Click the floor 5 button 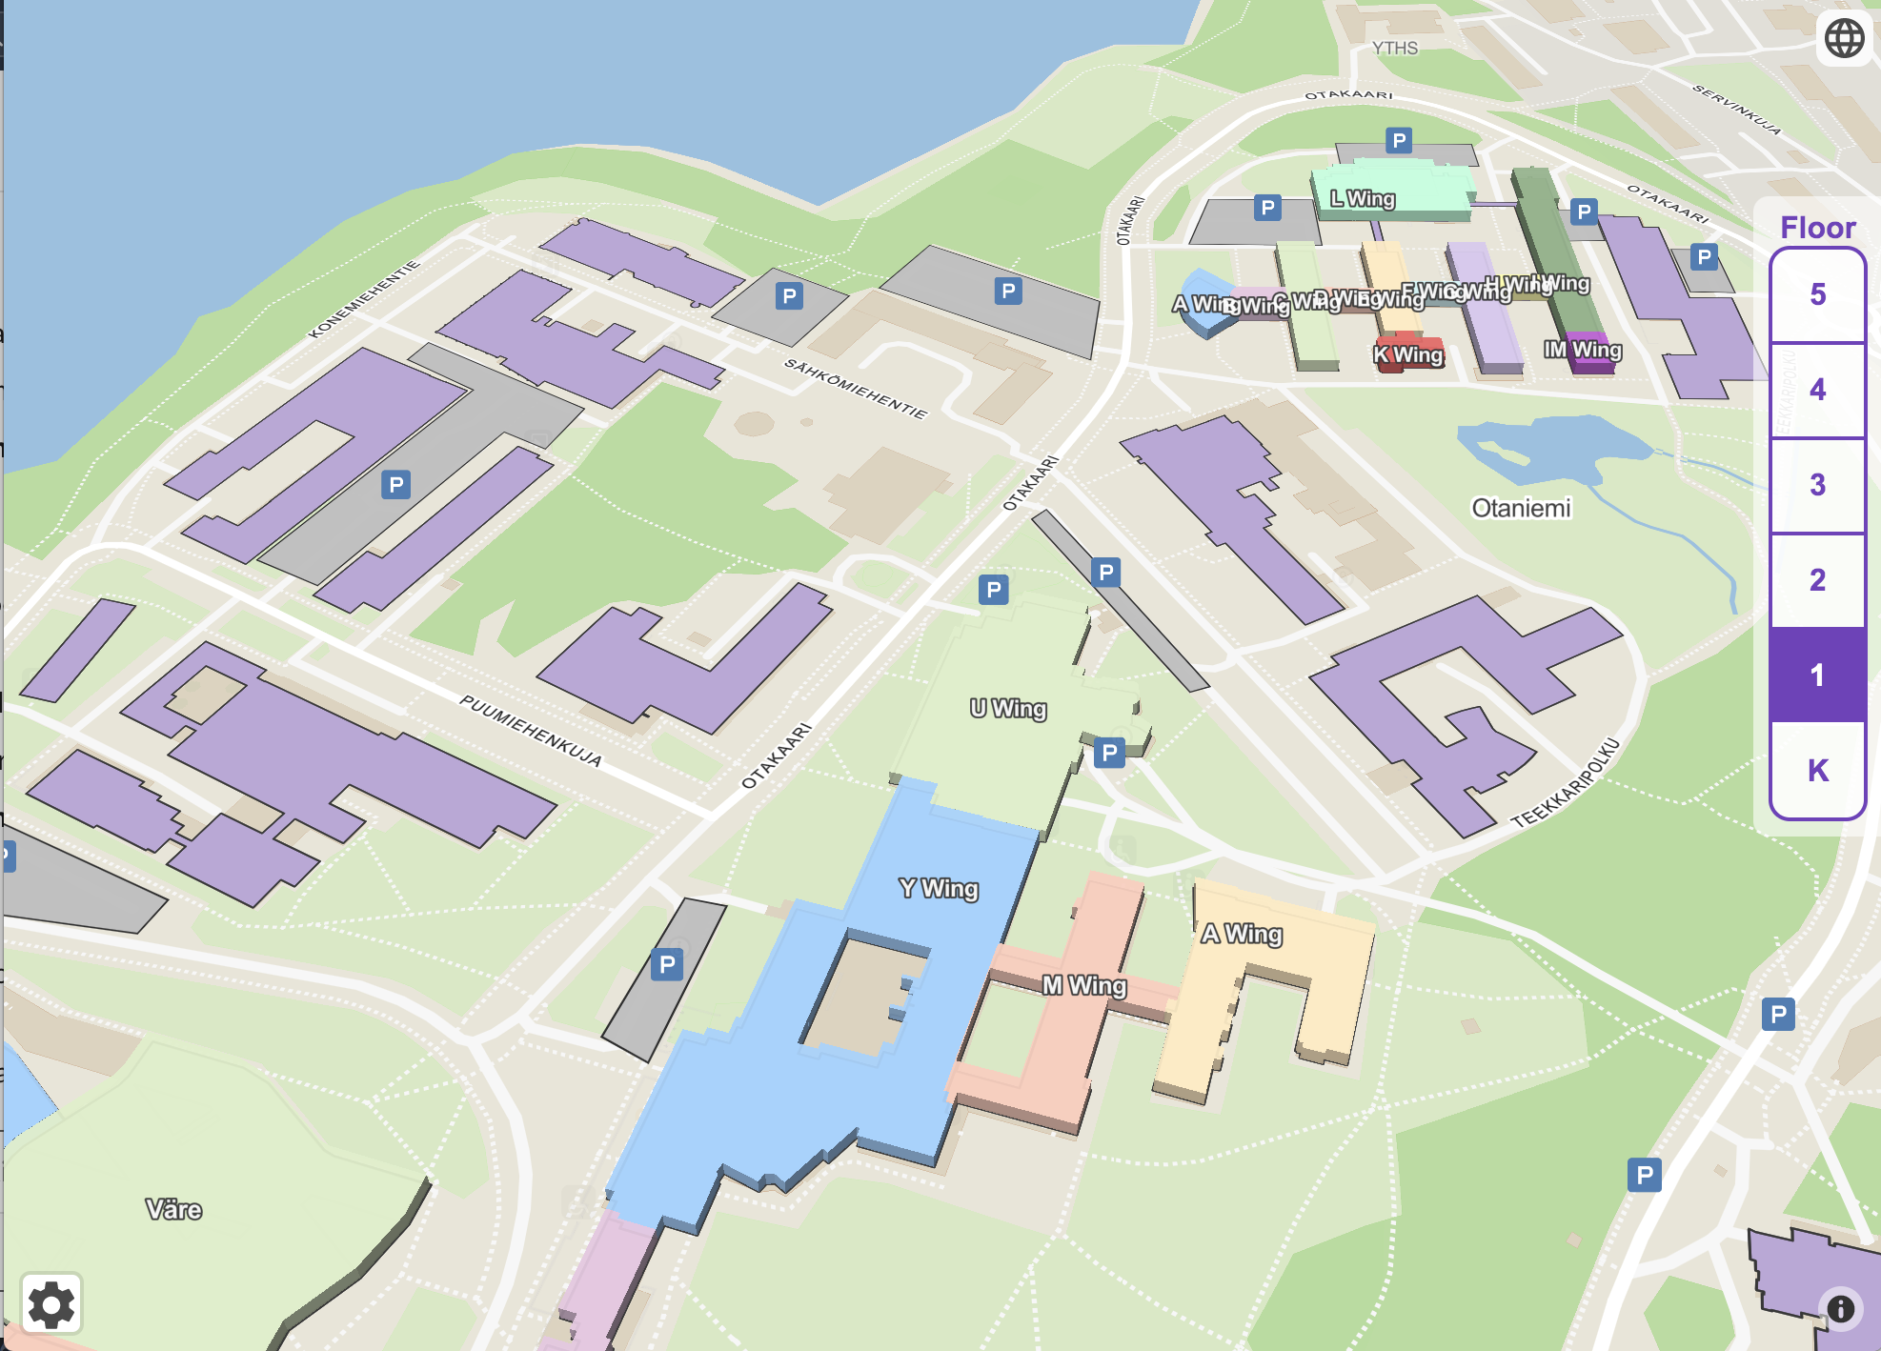pos(1817,294)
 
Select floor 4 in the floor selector pos(1817,390)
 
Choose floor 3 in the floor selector pos(1817,485)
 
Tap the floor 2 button pos(1817,580)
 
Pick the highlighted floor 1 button pos(1817,675)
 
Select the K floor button pos(1817,770)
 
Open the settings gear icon pos(51,1304)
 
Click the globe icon pos(1844,38)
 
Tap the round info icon pos(1840,1309)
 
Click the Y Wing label pos(939,888)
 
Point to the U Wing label pos(1008,709)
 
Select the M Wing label pos(1084,985)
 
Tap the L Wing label pos(1363,198)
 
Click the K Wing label pos(1408,355)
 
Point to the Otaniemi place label pos(1521,508)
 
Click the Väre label pos(173,1210)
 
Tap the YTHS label pos(1395,48)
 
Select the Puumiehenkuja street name pos(531,731)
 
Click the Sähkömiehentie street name pos(855,389)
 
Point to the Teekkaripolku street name pos(1565,783)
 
